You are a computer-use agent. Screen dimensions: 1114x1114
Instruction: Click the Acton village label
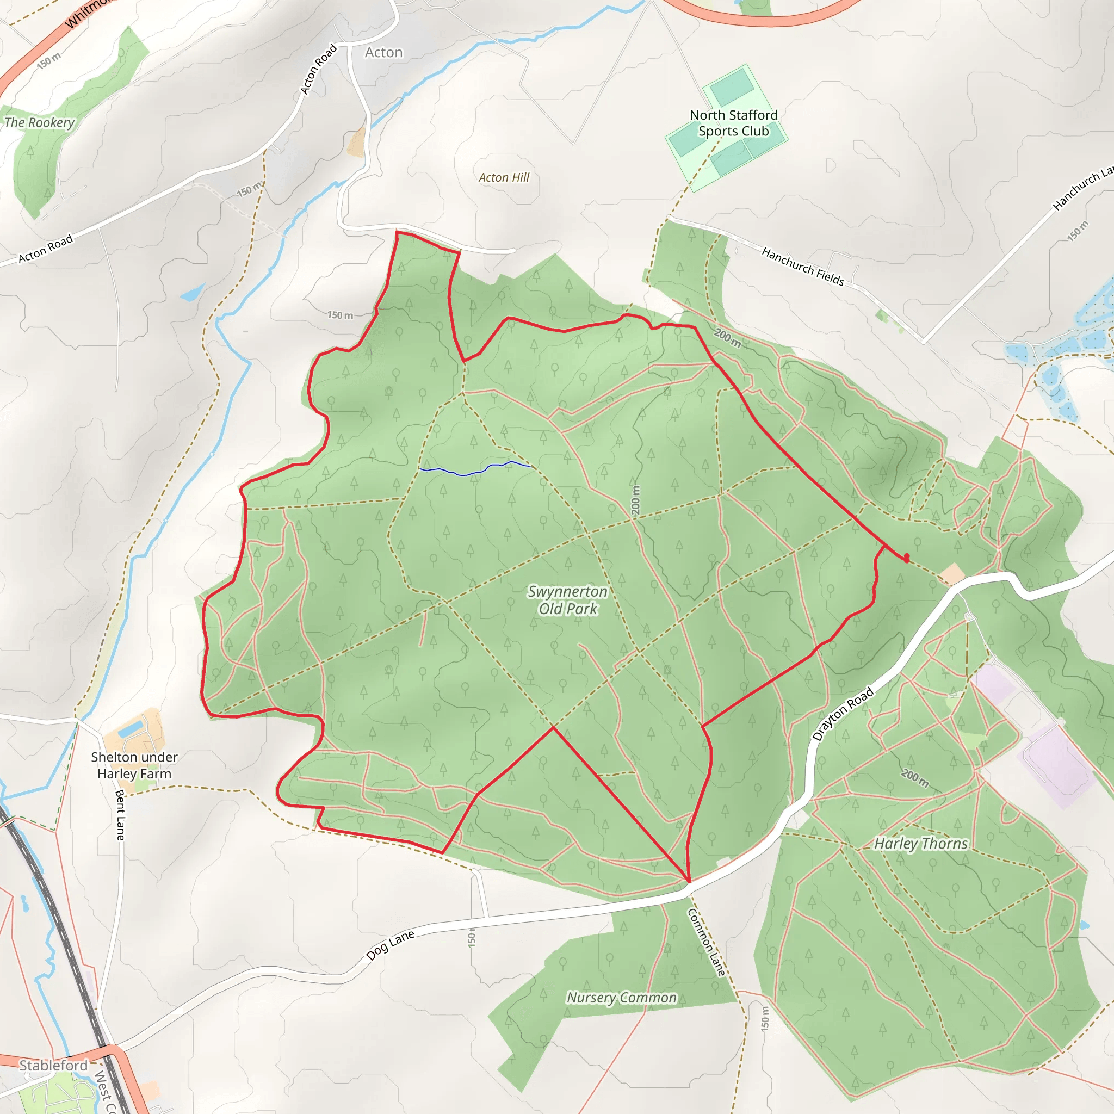pos(383,52)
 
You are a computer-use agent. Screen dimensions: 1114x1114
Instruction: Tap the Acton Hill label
pos(504,177)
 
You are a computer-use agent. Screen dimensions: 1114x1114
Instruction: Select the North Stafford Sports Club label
pos(733,123)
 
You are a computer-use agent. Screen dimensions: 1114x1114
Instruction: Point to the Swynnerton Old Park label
pos(568,601)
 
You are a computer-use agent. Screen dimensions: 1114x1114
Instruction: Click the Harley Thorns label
pos(921,844)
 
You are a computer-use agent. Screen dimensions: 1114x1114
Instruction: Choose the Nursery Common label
pos(622,998)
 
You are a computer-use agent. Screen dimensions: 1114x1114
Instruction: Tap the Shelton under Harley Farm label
pos(134,765)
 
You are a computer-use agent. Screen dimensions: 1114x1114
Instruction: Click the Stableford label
pos(53,1065)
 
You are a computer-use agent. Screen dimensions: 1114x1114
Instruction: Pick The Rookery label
pos(39,123)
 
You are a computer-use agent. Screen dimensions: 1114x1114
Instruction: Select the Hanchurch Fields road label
pos(803,267)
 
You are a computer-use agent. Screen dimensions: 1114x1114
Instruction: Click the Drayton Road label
pos(843,714)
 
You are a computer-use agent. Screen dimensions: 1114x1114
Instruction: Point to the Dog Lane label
pos(391,945)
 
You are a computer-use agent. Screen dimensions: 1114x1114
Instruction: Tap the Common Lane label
pos(707,943)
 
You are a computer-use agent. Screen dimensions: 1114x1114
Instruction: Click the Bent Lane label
pos(120,815)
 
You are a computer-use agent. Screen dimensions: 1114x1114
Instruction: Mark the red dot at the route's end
pos(907,558)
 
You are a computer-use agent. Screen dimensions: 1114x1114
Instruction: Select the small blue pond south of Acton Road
pos(192,294)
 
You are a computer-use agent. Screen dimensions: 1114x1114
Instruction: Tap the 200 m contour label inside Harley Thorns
pos(915,778)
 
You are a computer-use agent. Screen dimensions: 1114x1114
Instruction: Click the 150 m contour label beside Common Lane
pos(765,1019)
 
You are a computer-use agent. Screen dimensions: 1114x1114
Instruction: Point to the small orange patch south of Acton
pos(357,143)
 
